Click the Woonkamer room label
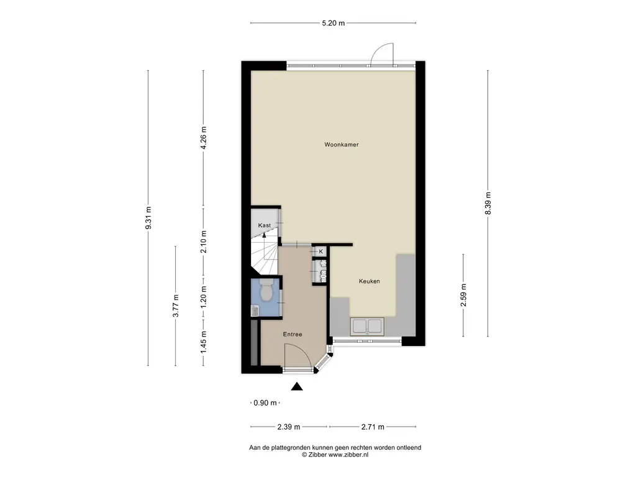pos(342,144)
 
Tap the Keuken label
pos(369,281)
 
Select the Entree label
pos(293,334)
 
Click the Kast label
pos(265,225)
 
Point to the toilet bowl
pos(266,291)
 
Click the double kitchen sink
pos(366,326)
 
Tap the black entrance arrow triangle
pos(297,386)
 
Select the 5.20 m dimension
pos(334,23)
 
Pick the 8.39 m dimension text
pos(488,204)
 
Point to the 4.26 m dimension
pos(204,138)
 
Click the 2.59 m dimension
pos(463,295)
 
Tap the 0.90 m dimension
pos(265,402)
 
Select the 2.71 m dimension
pos(373,427)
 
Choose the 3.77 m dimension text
pos(176,306)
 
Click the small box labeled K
pos(320,252)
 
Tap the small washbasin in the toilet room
pos(255,311)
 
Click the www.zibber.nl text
pos(348,455)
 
